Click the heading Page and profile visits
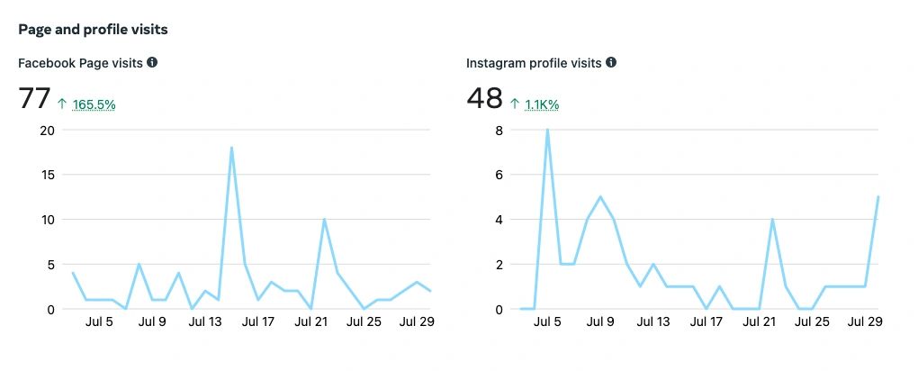click(x=93, y=30)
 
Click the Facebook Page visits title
click(x=80, y=63)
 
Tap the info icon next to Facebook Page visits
click(x=152, y=62)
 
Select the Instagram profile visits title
click(x=535, y=63)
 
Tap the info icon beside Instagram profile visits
click(x=611, y=62)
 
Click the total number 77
click(x=34, y=98)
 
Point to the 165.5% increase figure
click(x=94, y=104)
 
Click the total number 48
click(x=484, y=98)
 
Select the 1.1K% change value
click(x=542, y=104)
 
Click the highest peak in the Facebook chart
click(x=232, y=148)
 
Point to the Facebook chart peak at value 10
click(x=324, y=219)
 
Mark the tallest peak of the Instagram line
click(x=547, y=130)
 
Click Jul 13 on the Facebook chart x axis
click(x=206, y=321)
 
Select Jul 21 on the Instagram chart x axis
click(x=760, y=321)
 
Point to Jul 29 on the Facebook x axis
click(x=417, y=321)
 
